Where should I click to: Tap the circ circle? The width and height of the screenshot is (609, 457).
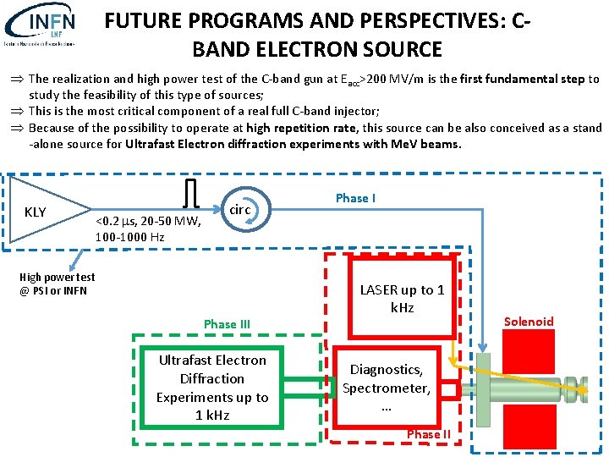point(241,209)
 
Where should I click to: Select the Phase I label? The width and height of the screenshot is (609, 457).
point(356,198)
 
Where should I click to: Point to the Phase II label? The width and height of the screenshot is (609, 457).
point(429,434)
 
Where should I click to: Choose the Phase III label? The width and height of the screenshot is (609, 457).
point(227,323)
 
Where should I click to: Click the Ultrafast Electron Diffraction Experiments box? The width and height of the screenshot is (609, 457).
point(211,388)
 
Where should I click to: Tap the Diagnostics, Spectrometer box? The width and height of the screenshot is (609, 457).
point(386,388)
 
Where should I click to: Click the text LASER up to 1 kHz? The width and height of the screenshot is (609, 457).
point(402,298)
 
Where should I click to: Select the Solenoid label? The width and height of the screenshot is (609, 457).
point(529,321)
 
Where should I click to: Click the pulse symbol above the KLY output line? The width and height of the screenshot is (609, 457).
point(191,192)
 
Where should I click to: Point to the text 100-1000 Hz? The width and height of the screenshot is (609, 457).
point(129,237)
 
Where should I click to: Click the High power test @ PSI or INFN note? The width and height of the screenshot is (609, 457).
point(58,284)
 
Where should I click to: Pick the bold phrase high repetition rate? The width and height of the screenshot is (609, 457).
point(303,128)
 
